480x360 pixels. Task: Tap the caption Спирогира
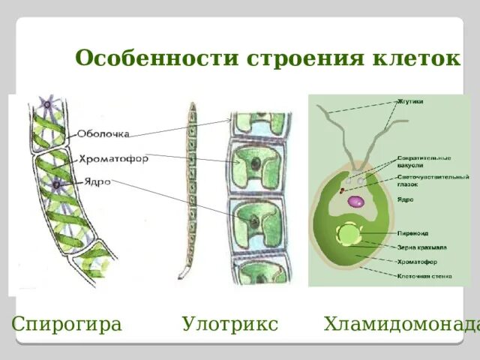(67, 324)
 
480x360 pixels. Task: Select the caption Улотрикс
(229, 324)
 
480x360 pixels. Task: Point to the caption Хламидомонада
(401, 324)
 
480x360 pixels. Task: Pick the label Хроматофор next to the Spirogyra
(112, 158)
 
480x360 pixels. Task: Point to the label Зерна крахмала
(421, 247)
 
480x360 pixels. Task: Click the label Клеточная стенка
(424, 275)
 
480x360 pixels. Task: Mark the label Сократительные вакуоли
(424, 161)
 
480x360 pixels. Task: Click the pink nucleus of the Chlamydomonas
(356, 201)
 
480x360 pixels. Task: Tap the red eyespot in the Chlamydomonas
(342, 191)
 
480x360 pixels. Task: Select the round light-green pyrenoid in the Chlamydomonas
(349, 235)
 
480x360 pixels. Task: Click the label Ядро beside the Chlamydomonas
(404, 199)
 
